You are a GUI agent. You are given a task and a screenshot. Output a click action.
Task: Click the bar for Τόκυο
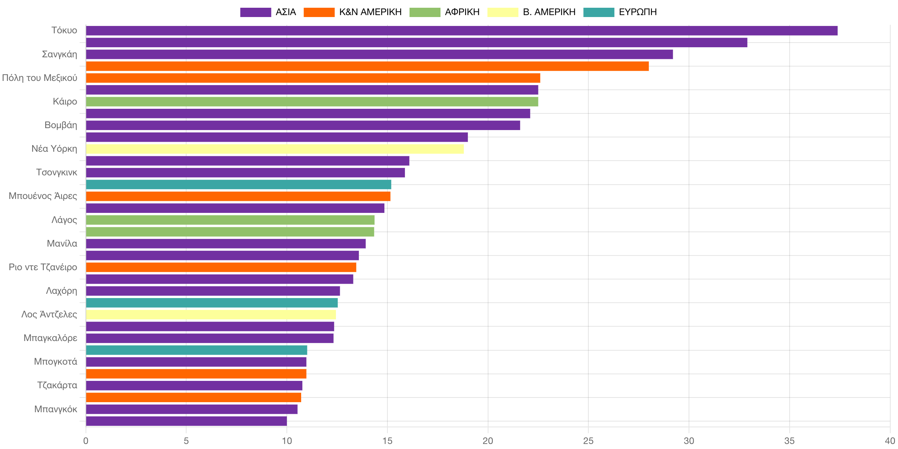tap(461, 31)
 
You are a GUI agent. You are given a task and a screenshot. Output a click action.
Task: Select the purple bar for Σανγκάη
tap(379, 54)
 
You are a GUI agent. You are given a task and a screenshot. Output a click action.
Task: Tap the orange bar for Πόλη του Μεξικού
tap(313, 78)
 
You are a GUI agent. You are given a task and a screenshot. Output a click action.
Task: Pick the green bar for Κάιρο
tap(312, 101)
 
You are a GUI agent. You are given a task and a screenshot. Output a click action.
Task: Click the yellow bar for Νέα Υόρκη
tap(275, 149)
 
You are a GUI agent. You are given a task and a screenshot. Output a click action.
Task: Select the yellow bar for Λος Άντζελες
tap(211, 315)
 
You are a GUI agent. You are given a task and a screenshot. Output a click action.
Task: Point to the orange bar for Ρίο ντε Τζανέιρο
tap(221, 267)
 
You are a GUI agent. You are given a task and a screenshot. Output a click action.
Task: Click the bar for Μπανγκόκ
tap(192, 409)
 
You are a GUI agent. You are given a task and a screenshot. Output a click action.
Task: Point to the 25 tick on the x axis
tap(588, 441)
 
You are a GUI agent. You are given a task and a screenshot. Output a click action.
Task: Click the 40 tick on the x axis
tap(890, 441)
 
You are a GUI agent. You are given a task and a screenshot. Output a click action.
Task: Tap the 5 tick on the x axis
tap(186, 441)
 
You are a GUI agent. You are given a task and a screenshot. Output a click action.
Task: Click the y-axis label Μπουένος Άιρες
tap(43, 196)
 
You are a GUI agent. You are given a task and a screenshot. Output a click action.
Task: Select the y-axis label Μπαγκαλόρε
tap(50, 338)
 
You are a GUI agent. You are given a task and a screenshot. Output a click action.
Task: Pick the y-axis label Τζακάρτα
tap(57, 385)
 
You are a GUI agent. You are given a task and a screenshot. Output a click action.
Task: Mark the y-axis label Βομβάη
tap(61, 125)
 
